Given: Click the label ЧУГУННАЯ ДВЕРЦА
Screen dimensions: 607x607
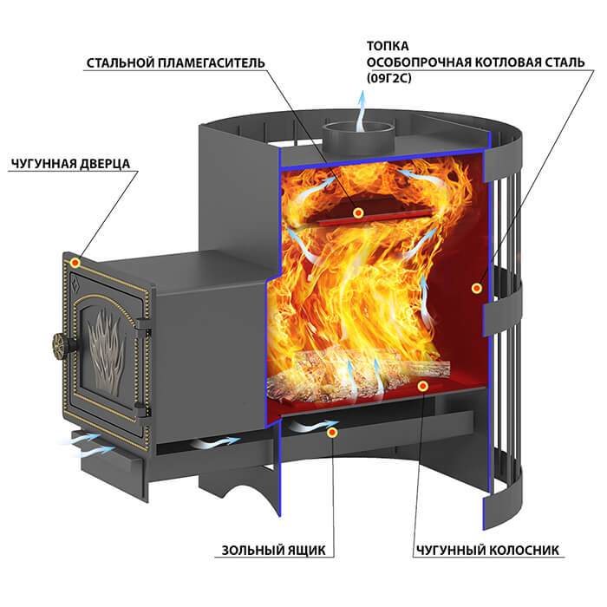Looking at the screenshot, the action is coord(71,164).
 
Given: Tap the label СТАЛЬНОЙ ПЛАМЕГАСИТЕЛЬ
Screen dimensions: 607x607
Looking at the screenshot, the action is coord(176,62).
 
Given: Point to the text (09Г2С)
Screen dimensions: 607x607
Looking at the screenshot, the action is coord(389,78).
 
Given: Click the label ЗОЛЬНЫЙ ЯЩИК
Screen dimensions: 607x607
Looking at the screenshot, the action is coord(274,550).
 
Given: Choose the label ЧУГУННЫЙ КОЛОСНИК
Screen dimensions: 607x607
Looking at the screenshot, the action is coord(487,550).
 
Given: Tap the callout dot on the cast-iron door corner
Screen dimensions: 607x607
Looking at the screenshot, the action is coord(75,264).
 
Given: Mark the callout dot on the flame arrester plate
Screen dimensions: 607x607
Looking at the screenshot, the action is coord(358,212).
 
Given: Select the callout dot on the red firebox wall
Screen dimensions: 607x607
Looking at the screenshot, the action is coord(477,288).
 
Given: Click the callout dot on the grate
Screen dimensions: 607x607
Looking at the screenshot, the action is coord(423,386).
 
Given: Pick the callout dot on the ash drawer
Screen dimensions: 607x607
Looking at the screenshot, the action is coord(332,433).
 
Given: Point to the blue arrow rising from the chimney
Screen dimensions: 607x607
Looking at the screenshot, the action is coord(362,112).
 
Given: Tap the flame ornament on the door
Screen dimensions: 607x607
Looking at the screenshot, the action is coord(106,351).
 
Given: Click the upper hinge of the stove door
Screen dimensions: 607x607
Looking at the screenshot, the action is coord(143,323).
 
